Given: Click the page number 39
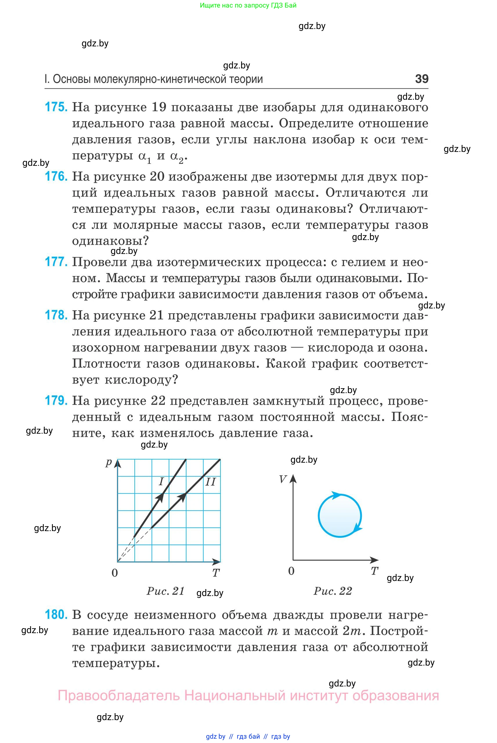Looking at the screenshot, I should tap(422, 79).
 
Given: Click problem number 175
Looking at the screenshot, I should tap(56, 107).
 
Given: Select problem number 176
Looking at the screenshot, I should tap(56, 177).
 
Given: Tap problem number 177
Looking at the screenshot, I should tap(56, 262).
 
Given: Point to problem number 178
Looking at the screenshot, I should tap(56, 315).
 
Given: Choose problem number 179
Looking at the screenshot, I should tap(56, 401).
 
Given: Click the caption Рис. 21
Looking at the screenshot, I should tap(165, 591).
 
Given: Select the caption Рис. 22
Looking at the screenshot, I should tap(332, 591).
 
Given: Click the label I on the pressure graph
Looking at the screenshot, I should tap(161, 482).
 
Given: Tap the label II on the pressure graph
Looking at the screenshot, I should tap(210, 482).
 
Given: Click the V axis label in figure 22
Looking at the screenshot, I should tap(283, 479).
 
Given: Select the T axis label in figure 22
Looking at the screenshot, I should tap(374, 571).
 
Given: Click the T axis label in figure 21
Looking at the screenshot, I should tap(216, 573).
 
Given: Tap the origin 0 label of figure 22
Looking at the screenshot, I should tap(291, 571).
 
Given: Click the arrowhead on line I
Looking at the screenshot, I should tap(161, 497).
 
